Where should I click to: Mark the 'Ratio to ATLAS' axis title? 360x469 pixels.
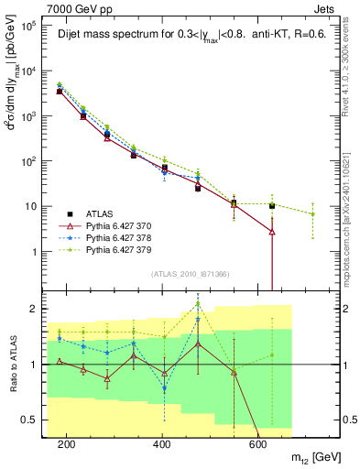coord(11,364)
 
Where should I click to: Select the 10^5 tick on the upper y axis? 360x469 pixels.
coord(31,27)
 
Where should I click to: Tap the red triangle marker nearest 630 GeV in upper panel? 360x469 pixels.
coord(272,232)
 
